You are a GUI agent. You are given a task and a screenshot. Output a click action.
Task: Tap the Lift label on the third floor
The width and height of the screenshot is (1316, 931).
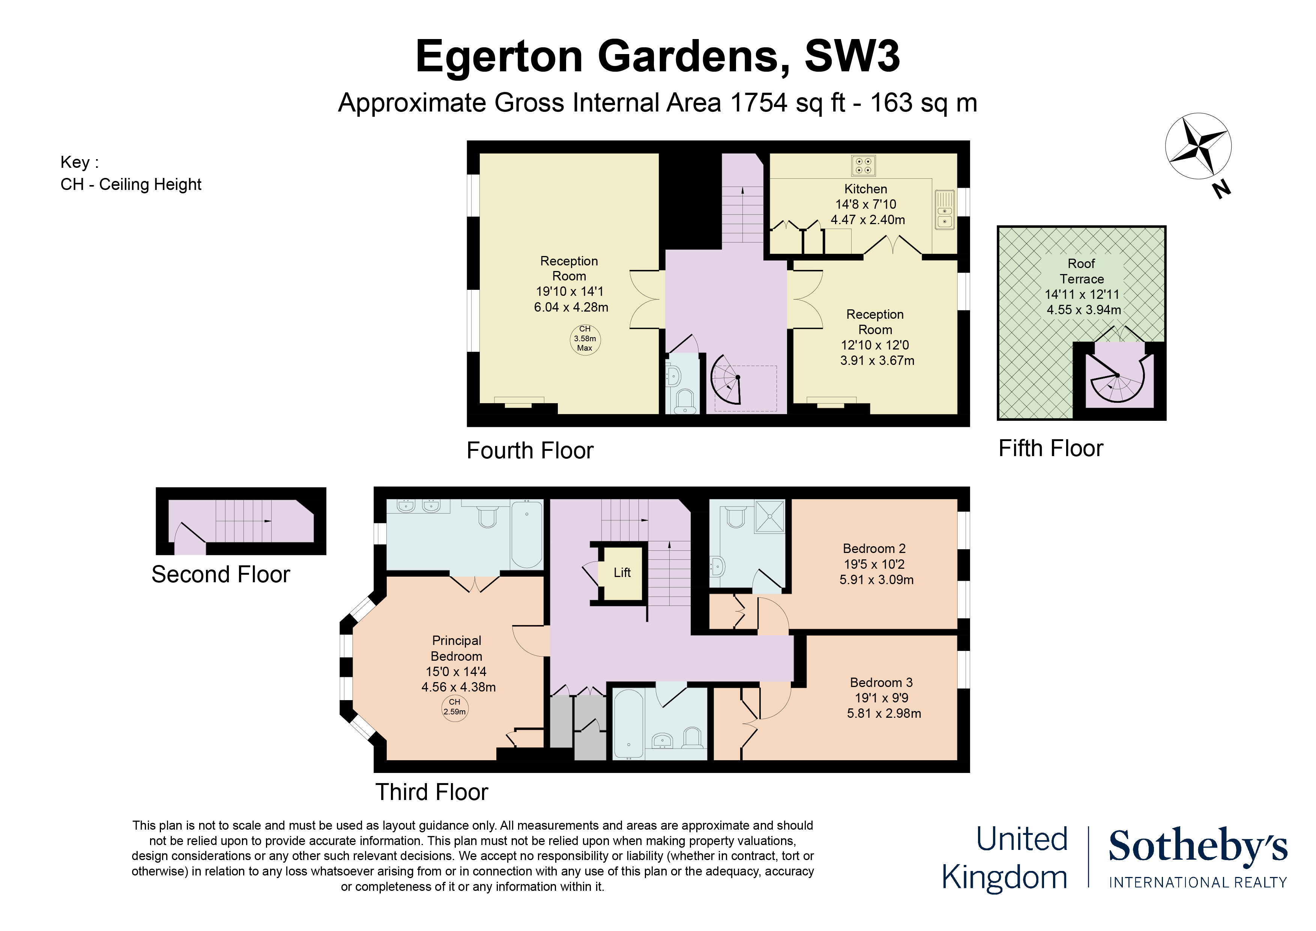(622, 572)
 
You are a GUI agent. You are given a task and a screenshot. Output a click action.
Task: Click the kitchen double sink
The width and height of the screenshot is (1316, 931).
(945, 210)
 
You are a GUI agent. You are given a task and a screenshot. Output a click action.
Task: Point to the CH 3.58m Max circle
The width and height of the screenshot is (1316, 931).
(584, 339)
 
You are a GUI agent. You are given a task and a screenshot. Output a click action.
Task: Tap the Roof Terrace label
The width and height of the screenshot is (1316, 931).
(1082, 271)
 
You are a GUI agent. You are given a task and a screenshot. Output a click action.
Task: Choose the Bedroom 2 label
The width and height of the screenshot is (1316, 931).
(874, 548)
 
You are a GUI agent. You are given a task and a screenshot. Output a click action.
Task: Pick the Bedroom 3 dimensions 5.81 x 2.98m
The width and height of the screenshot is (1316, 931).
(884, 714)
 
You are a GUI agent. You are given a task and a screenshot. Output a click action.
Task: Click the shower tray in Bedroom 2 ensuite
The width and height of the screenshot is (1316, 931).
(769, 516)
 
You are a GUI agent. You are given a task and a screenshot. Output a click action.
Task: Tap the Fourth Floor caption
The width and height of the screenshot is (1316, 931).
(530, 451)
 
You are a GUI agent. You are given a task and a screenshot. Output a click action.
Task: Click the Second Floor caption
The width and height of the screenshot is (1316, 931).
(221, 575)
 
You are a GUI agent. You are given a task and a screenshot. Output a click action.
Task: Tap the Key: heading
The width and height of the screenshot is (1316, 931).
(80, 162)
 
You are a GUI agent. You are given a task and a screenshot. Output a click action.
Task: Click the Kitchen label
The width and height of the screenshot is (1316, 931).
(865, 189)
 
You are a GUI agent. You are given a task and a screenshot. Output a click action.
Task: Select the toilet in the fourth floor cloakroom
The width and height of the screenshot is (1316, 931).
(685, 402)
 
